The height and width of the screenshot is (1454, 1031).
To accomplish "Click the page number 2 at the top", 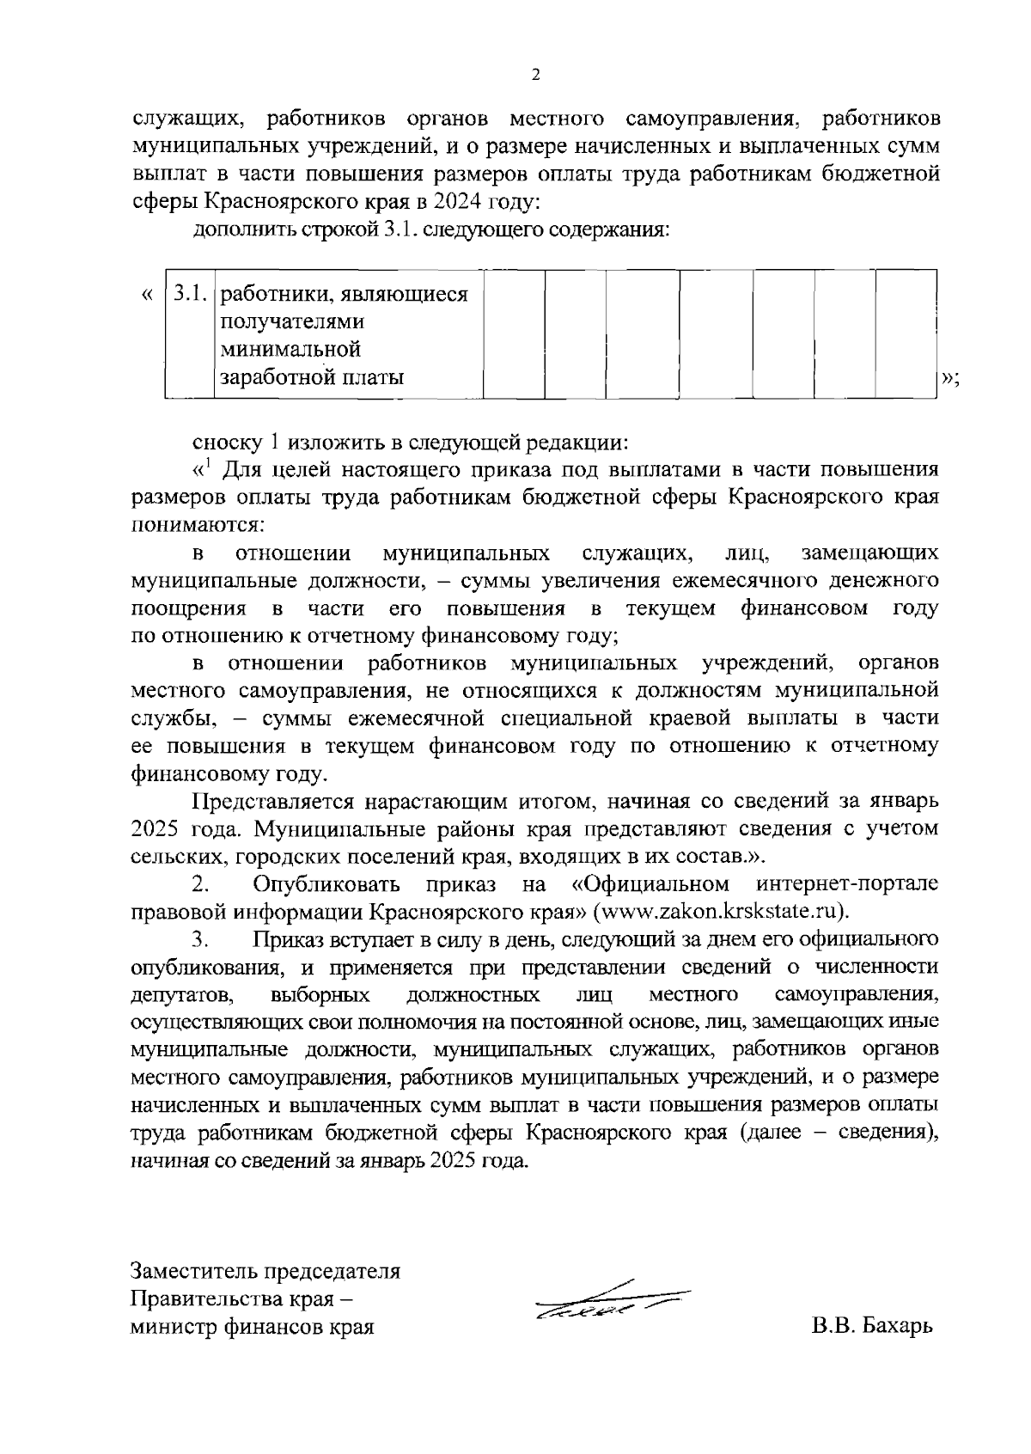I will click(536, 76).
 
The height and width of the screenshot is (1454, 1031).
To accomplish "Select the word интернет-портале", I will click(848, 884).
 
